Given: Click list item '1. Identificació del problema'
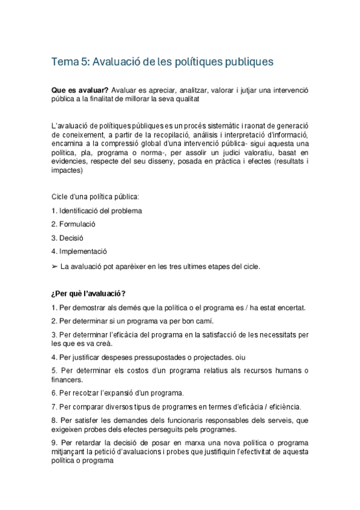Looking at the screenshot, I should coord(97,210).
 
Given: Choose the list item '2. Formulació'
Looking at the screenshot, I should coord(73,224).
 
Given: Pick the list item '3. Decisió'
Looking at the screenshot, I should coord(67,238).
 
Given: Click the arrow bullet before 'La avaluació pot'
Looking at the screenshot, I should coord(56,265).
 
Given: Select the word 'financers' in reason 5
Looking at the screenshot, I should coord(67,379).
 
